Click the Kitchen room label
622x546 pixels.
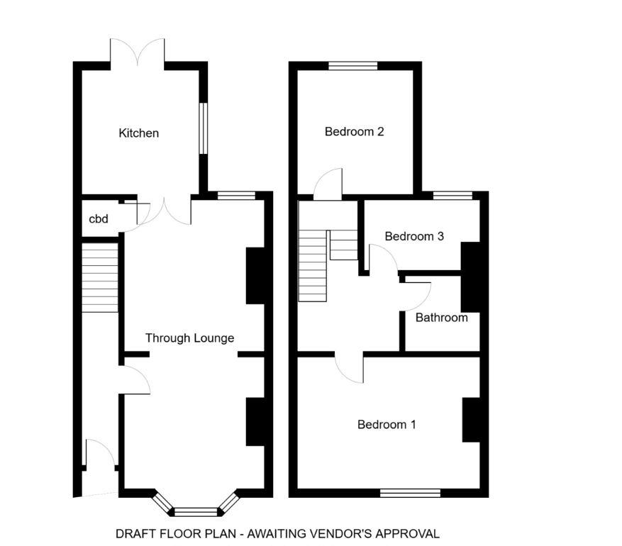coord(138,133)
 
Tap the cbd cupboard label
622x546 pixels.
coord(98,219)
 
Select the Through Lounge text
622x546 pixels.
coord(189,338)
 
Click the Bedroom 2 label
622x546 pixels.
coord(354,131)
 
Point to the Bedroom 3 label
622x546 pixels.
coord(414,236)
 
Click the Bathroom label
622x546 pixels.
coord(441,318)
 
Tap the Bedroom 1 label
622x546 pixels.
coord(386,425)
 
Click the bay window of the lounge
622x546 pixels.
coord(196,510)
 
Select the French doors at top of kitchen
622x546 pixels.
coord(138,53)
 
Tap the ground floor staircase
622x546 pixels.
coord(99,277)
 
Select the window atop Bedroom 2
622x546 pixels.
coord(352,66)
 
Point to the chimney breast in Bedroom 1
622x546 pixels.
coord(471,420)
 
